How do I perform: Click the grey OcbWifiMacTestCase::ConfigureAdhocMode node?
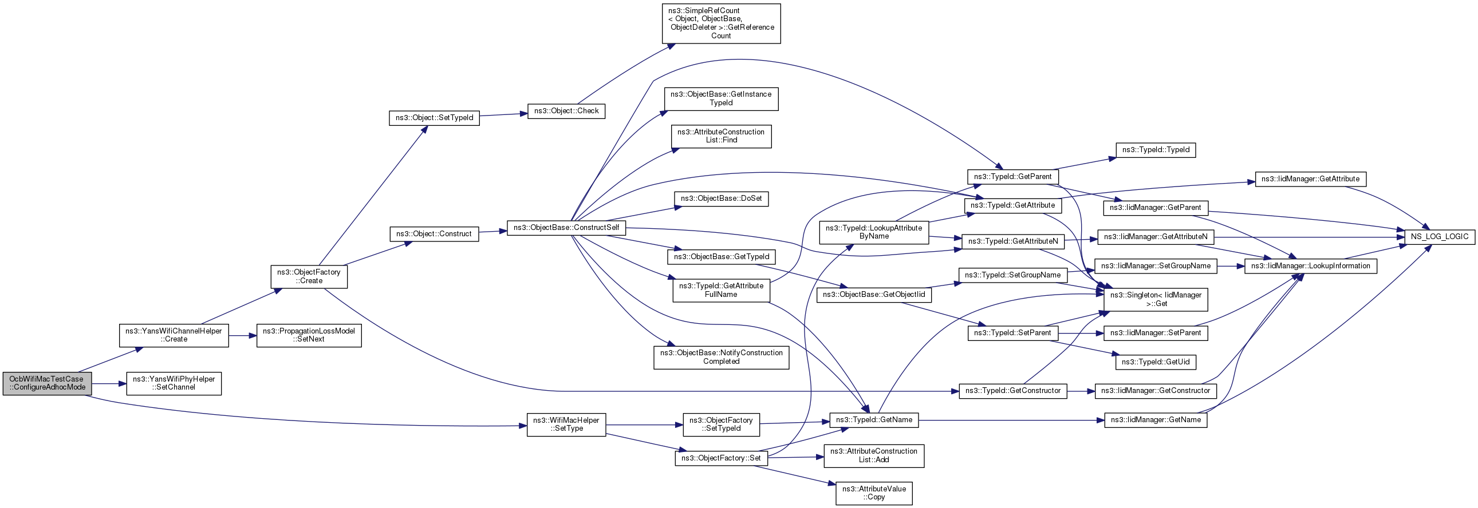point(47,383)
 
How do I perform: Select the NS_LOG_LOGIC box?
point(1439,236)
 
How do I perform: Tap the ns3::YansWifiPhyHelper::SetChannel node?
point(174,383)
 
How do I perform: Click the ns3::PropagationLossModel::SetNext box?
point(309,335)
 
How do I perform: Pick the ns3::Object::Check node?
point(566,110)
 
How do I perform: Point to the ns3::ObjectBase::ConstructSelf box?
point(566,228)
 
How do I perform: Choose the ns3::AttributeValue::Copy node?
point(873,493)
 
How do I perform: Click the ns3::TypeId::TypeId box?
point(1156,150)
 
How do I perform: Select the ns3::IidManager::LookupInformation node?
point(1310,266)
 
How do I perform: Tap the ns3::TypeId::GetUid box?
point(1156,362)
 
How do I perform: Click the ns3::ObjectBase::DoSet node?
point(720,199)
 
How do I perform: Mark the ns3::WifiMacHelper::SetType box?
point(566,424)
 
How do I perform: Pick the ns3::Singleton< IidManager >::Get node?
point(1156,299)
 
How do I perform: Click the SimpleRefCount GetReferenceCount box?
point(720,23)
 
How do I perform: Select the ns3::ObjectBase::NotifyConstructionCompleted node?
point(720,357)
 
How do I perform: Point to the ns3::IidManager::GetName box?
point(1156,420)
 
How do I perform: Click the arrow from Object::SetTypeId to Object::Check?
point(503,114)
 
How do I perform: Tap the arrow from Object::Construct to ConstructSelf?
point(492,232)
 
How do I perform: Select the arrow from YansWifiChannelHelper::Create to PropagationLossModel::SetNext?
point(242,335)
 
